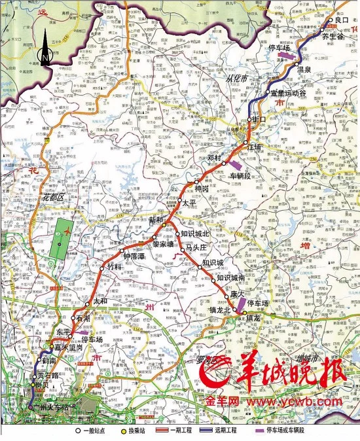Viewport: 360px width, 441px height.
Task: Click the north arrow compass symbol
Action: [x=45, y=49]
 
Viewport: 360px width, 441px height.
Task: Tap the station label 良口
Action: [x=342, y=21]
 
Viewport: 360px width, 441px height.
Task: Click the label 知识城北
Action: [x=194, y=234]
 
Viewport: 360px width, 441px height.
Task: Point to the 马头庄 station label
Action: [x=196, y=247]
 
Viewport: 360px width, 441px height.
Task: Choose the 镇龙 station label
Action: [x=253, y=317]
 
